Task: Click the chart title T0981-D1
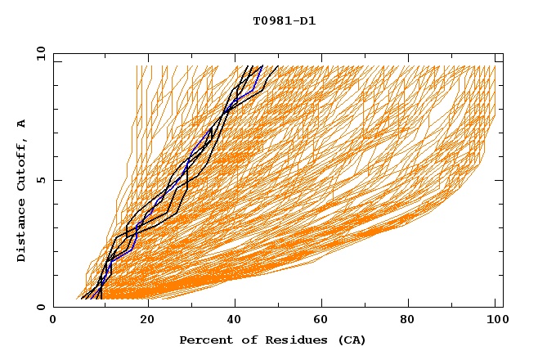point(285,21)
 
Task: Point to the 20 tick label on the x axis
point(148,320)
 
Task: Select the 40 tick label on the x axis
point(236,320)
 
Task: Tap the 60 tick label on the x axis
point(325,320)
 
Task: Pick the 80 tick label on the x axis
point(413,320)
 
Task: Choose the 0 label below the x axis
point(54,320)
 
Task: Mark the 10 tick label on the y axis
point(40,53)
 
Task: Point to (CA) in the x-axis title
point(349,340)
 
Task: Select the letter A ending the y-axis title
point(22,123)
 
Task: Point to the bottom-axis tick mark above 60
point(325,304)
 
